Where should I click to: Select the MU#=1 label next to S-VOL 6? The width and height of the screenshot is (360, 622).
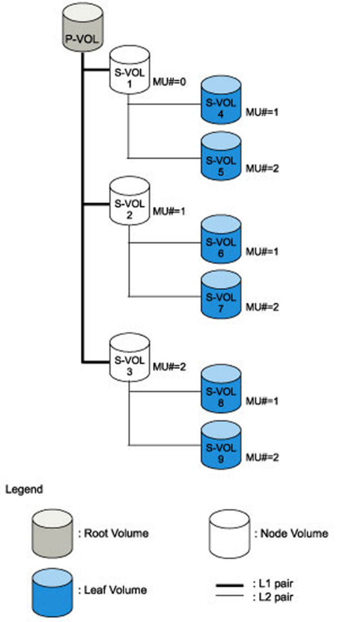point(263,252)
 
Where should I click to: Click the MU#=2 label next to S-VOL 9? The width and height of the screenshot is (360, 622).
point(263,456)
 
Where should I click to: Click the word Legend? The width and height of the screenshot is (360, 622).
point(24,489)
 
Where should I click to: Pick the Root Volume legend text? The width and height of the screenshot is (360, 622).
point(113,533)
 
